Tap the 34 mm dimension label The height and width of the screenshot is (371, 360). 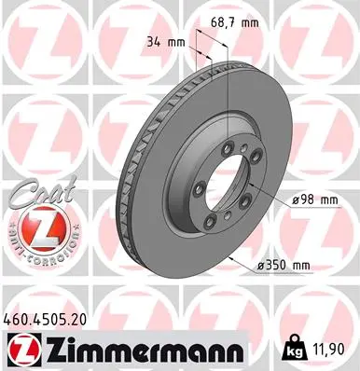tap(161, 40)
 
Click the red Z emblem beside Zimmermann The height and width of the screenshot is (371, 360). tap(26, 349)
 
